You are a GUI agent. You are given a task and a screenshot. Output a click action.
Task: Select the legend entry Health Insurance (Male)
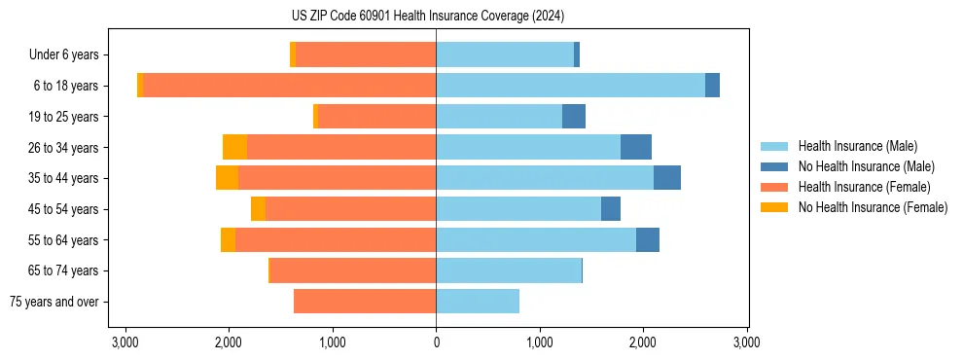pos(857,146)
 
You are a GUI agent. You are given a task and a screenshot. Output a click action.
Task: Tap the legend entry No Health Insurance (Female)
pos(873,207)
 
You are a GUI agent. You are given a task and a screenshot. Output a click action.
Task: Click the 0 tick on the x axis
pos(436,342)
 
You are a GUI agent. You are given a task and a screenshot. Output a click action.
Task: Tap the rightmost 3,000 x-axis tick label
pos(746,342)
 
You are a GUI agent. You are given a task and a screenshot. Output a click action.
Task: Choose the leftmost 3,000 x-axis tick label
pos(125,342)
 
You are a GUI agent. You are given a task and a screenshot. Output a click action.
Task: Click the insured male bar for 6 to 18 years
pos(570,86)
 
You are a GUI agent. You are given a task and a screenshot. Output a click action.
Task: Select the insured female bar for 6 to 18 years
pos(290,86)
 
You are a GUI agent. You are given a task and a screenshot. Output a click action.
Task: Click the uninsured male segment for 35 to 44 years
pos(667,178)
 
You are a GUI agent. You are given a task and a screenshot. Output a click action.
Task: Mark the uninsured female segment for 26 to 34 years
pos(234,147)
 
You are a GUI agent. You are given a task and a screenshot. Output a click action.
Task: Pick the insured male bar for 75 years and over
pos(478,302)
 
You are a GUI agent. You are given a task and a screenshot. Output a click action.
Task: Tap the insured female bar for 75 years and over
pos(365,302)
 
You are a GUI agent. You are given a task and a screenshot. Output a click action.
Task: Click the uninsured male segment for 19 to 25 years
pos(574,117)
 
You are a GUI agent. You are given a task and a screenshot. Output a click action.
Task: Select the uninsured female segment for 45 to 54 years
pos(258,209)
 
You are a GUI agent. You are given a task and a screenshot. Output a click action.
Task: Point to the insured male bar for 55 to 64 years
pos(536,240)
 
